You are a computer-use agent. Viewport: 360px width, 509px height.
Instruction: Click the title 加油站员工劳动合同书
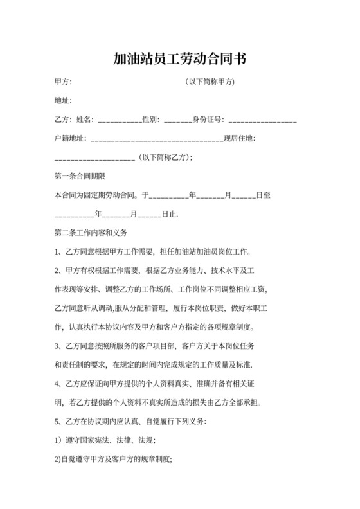179,59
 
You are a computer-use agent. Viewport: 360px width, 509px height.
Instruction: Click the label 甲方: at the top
63,82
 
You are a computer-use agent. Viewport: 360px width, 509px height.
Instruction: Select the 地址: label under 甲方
63,100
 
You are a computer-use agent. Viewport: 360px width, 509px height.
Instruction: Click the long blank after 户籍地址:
156,139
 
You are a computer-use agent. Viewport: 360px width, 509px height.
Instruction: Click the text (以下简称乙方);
166,157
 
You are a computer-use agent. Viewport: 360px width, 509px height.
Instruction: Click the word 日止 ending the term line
169,213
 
